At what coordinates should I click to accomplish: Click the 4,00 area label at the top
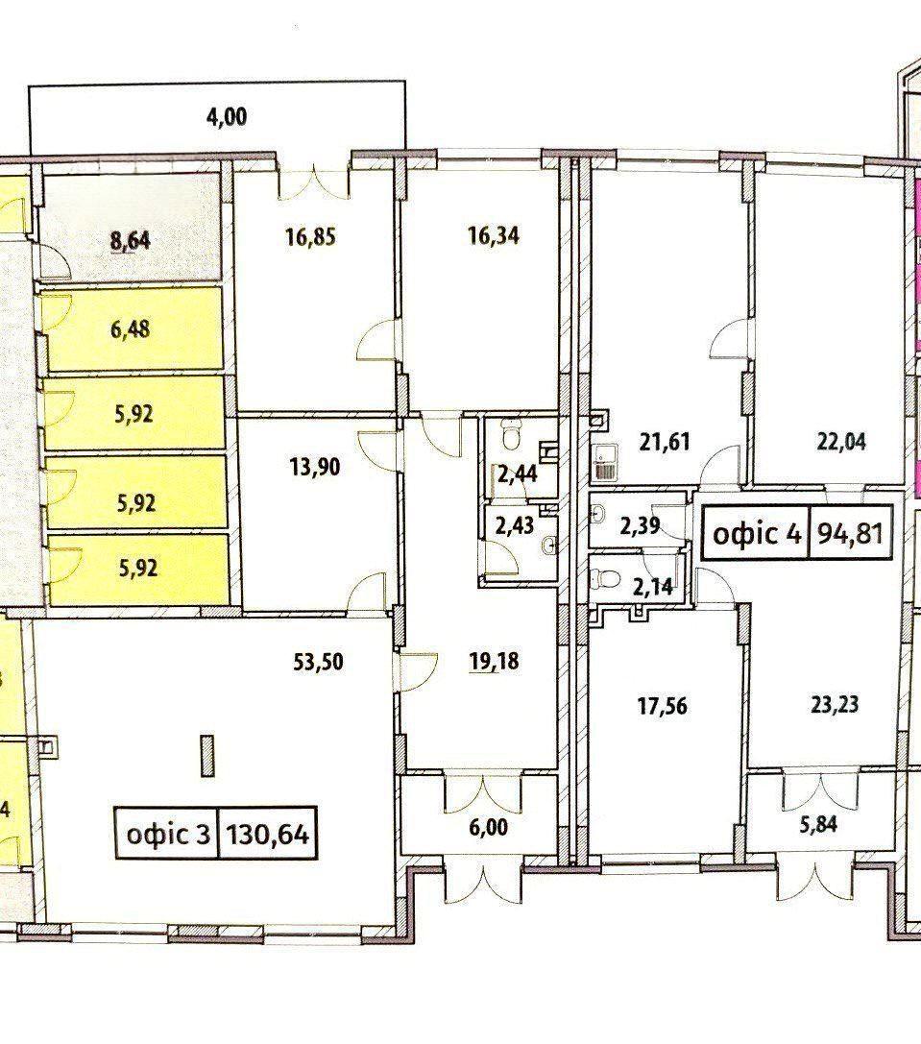click(x=227, y=117)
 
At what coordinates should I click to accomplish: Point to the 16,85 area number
click(x=310, y=237)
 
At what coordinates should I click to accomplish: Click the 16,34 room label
click(x=494, y=235)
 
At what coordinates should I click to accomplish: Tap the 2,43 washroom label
click(x=514, y=525)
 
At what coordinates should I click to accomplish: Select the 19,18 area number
click(x=494, y=661)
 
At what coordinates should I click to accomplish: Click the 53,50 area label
click(x=318, y=662)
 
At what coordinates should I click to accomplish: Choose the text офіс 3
click(x=168, y=834)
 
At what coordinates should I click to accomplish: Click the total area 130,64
click(x=268, y=834)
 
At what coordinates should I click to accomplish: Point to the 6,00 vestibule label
click(x=488, y=828)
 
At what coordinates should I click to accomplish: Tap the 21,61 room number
click(x=664, y=442)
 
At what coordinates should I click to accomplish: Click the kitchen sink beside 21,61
click(x=603, y=462)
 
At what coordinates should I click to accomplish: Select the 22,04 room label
click(x=841, y=442)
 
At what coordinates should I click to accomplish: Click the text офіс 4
click(x=757, y=533)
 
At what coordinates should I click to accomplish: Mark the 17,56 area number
click(x=663, y=706)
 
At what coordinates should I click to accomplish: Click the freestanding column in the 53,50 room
click(x=207, y=755)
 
